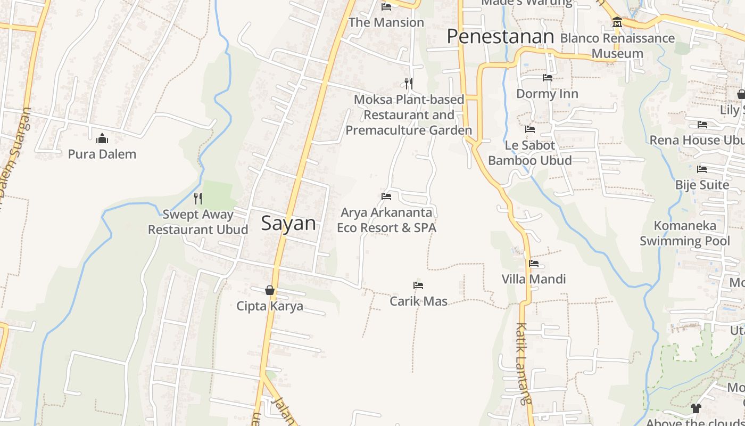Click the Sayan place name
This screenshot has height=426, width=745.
coord(288,223)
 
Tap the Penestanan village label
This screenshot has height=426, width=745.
coord(500,36)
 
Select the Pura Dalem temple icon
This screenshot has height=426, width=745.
coord(102,140)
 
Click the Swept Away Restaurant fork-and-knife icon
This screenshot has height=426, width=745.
coord(198,199)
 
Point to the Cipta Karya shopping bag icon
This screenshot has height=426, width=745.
coord(270,290)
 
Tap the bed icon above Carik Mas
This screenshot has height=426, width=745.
coord(418,285)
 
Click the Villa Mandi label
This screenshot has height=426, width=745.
coord(534,279)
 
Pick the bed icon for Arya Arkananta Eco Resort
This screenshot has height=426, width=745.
coord(386,196)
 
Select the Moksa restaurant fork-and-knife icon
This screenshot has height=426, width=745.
coord(409,84)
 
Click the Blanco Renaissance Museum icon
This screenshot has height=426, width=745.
coord(617,22)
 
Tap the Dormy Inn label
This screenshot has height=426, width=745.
coord(547,94)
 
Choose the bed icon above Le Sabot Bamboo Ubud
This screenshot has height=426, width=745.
coord(530,129)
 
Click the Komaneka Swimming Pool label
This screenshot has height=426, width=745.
coord(685,233)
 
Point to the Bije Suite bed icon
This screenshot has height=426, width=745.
coord(702,170)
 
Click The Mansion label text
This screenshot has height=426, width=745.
coord(386,22)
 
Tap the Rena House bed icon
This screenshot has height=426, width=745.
coord(702,125)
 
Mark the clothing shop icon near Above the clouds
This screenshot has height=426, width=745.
coord(696,408)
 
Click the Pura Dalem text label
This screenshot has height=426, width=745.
coord(102,154)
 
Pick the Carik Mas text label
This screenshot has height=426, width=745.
coord(418,301)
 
